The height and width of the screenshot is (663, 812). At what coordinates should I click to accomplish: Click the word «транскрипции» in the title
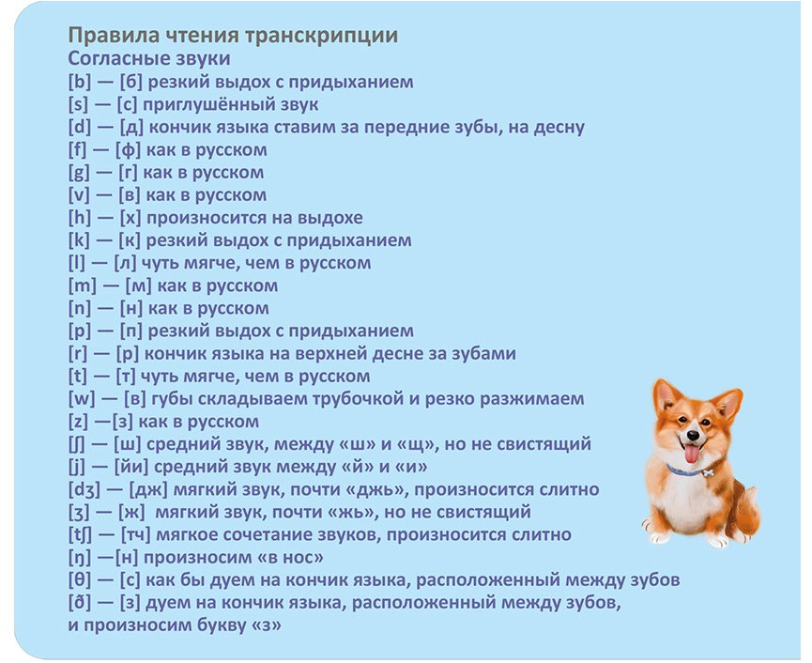tap(319, 37)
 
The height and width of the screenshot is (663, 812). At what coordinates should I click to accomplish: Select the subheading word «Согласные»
tap(114, 58)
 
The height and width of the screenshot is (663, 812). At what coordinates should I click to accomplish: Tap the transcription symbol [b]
tap(79, 82)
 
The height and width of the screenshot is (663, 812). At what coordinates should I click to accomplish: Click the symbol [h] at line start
tap(79, 218)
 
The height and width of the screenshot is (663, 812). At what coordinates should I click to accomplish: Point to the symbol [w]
tap(82, 399)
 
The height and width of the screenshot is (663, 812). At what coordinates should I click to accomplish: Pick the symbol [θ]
tap(79, 580)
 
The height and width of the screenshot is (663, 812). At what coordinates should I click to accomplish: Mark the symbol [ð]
tap(79, 603)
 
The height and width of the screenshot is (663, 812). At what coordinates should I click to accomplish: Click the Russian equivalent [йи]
tap(131, 467)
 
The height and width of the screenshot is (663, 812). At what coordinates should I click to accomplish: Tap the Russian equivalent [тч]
tap(136, 534)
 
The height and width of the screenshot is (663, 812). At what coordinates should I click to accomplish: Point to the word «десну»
tap(558, 128)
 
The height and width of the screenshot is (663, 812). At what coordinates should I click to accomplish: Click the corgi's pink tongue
tap(692, 454)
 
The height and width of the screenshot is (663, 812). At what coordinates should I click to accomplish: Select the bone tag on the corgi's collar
tap(707, 472)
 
